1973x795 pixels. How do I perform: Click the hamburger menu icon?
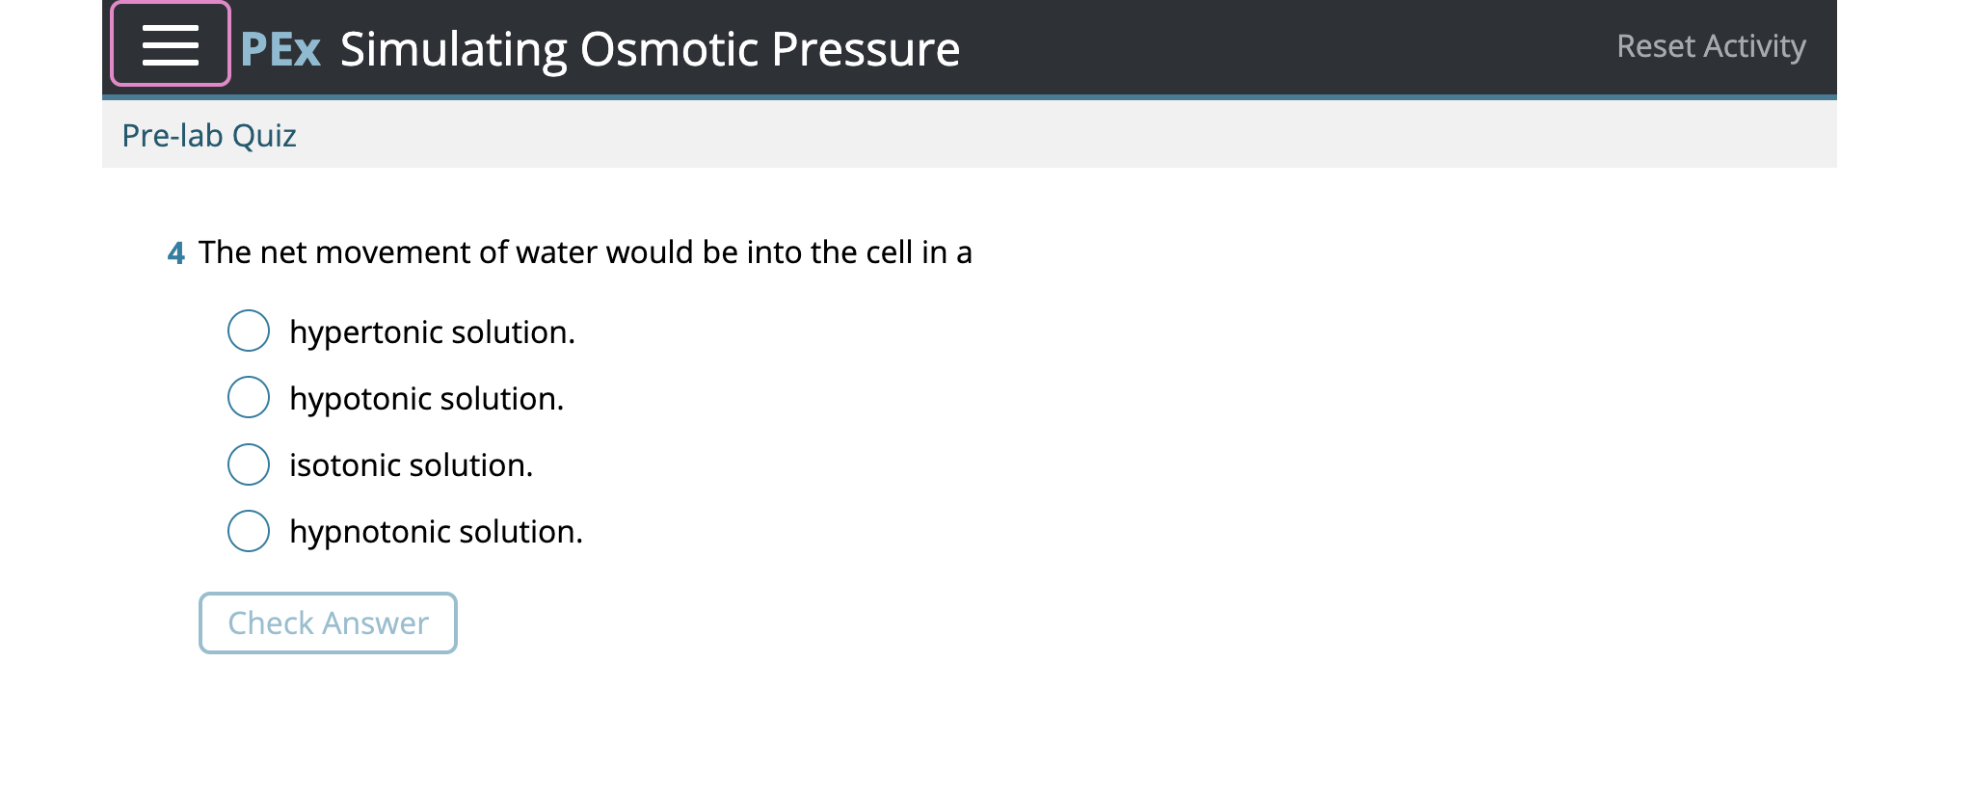(x=171, y=45)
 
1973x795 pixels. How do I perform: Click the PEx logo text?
(x=280, y=48)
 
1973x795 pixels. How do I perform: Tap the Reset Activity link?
(x=1710, y=46)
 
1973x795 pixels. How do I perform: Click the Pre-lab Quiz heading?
(x=208, y=136)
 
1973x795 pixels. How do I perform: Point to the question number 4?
(x=175, y=253)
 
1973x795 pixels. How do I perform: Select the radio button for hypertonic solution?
(x=249, y=331)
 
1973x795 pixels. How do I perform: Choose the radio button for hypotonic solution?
(x=249, y=397)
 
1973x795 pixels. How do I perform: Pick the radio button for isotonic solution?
(x=249, y=464)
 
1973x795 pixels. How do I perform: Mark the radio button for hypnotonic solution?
(x=249, y=530)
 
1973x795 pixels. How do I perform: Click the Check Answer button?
(x=328, y=623)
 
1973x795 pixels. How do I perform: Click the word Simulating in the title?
(x=453, y=49)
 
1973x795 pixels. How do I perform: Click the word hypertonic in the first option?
(x=366, y=332)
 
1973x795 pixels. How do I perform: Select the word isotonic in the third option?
(x=346, y=465)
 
